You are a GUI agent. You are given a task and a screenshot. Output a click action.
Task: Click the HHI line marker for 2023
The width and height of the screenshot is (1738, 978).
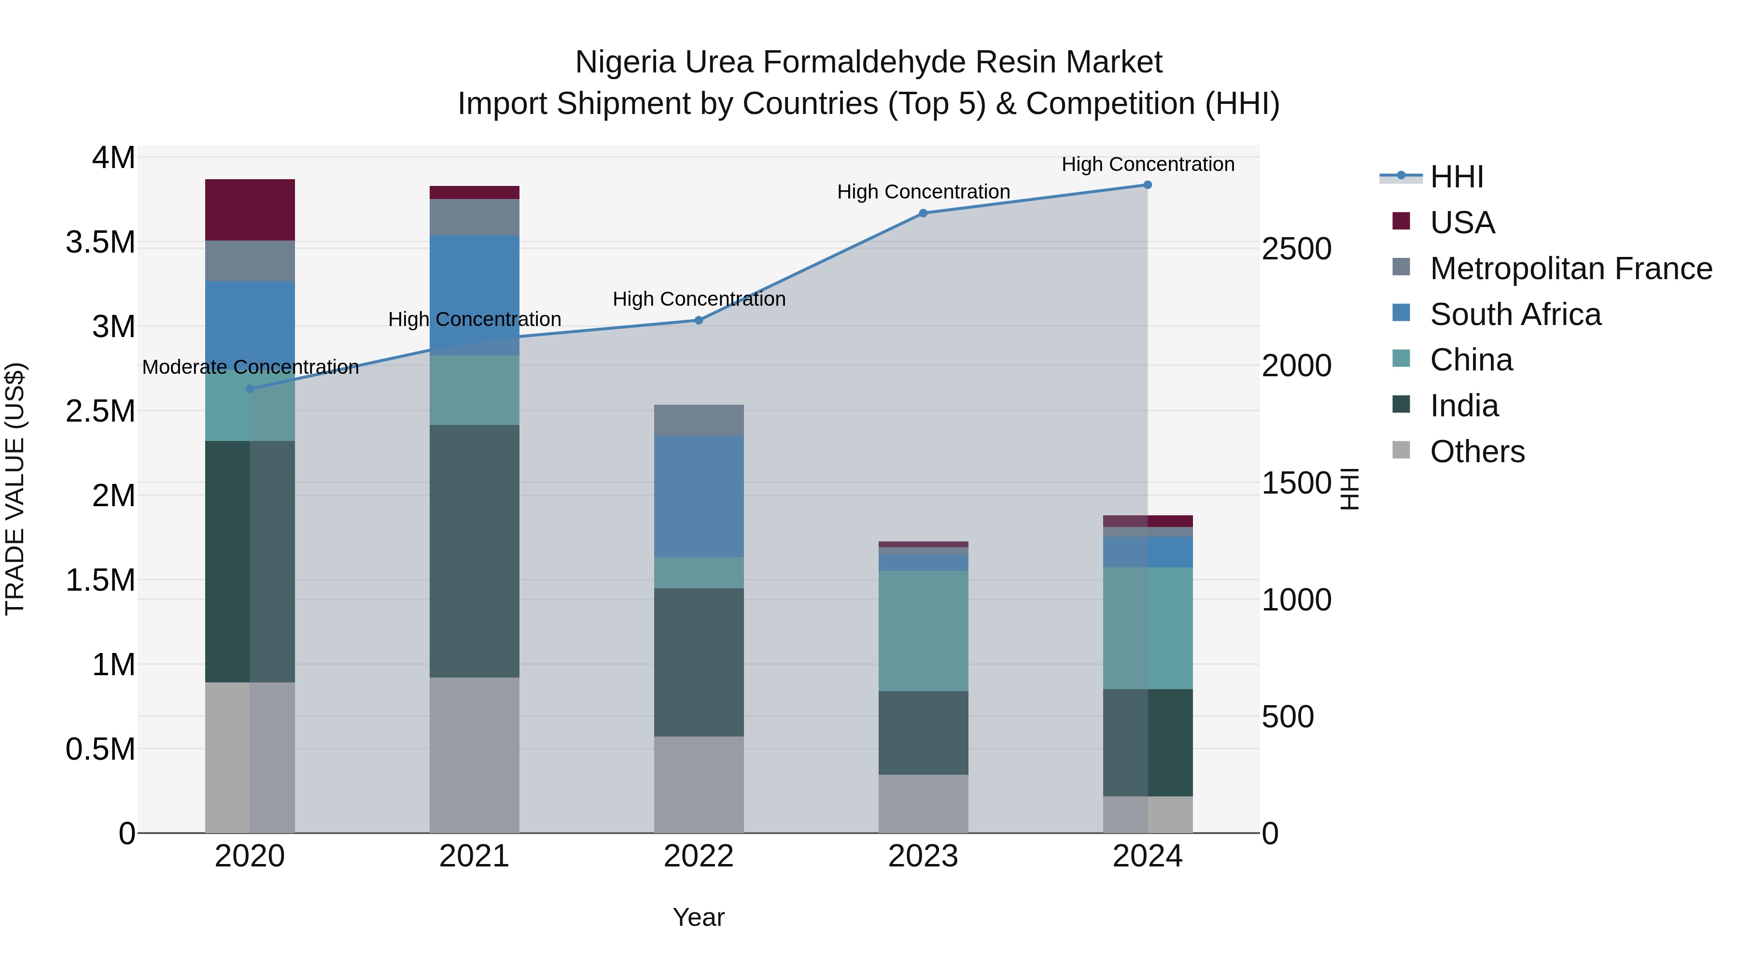pyautogui.click(x=923, y=213)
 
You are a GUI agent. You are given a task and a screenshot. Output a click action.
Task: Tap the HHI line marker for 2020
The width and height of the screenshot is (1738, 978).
pyautogui.click(x=250, y=389)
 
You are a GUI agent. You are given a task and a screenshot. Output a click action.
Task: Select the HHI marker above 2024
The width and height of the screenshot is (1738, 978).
pyautogui.click(x=1147, y=185)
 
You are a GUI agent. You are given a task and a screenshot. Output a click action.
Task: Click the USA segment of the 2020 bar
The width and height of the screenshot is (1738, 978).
pyautogui.click(x=250, y=210)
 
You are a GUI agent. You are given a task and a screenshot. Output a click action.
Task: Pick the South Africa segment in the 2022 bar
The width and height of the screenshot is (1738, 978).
pyautogui.click(x=699, y=496)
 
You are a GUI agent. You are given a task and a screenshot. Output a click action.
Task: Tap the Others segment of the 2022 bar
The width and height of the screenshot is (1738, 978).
pyautogui.click(x=699, y=784)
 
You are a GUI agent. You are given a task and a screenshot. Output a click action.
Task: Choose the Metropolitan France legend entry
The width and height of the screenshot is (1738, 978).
pyautogui.click(x=1570, y=269)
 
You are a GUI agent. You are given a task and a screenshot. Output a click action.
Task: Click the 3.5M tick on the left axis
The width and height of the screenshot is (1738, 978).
pyautogui.click(x=100, y=242)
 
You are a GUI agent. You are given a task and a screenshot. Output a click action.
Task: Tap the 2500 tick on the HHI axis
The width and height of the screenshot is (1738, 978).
pyautogui.click(x=1296, y=249)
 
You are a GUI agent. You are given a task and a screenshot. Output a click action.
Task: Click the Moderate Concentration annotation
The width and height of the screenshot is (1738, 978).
pyautogui.click(x=250, y=367)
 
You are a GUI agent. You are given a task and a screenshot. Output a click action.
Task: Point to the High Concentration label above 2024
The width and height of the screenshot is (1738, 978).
pyautogui.click(x=1148, y=164)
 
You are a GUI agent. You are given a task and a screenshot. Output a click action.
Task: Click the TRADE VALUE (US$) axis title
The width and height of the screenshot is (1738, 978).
pyautogui.click(x=15, y=489)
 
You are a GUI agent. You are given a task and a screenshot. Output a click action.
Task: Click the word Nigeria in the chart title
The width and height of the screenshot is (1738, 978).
pyautogui.click(x=625, y=62)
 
